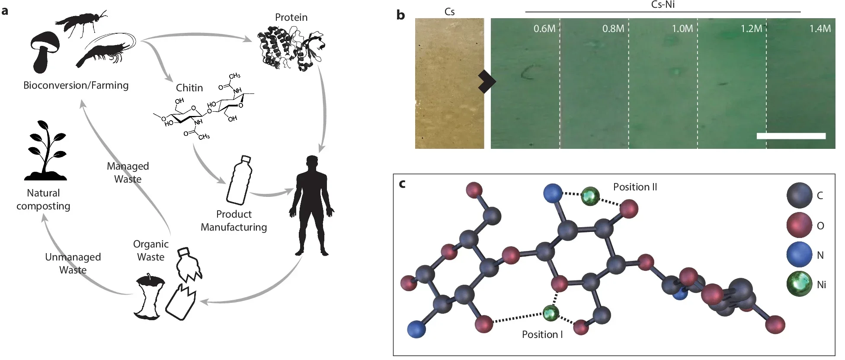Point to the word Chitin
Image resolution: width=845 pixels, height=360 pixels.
coord(189,88)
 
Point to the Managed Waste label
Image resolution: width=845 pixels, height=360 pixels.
coord(128,173)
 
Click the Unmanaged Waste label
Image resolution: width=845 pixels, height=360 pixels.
coord(73,263)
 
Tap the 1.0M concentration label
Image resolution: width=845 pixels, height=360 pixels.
coord(682,29)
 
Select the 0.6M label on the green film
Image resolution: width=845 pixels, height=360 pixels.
coord(544,29)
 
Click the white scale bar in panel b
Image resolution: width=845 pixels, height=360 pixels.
coord(791,136)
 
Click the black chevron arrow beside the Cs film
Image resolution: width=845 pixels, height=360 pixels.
coord(487,81)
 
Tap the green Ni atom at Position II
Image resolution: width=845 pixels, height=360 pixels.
coord(590,196)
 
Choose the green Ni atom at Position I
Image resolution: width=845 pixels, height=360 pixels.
coord(551,313)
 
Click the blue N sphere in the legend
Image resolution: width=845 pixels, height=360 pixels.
coord(799,254)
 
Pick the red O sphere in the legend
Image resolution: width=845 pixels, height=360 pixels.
coord(799,225)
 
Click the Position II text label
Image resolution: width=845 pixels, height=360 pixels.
coord(635,187)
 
